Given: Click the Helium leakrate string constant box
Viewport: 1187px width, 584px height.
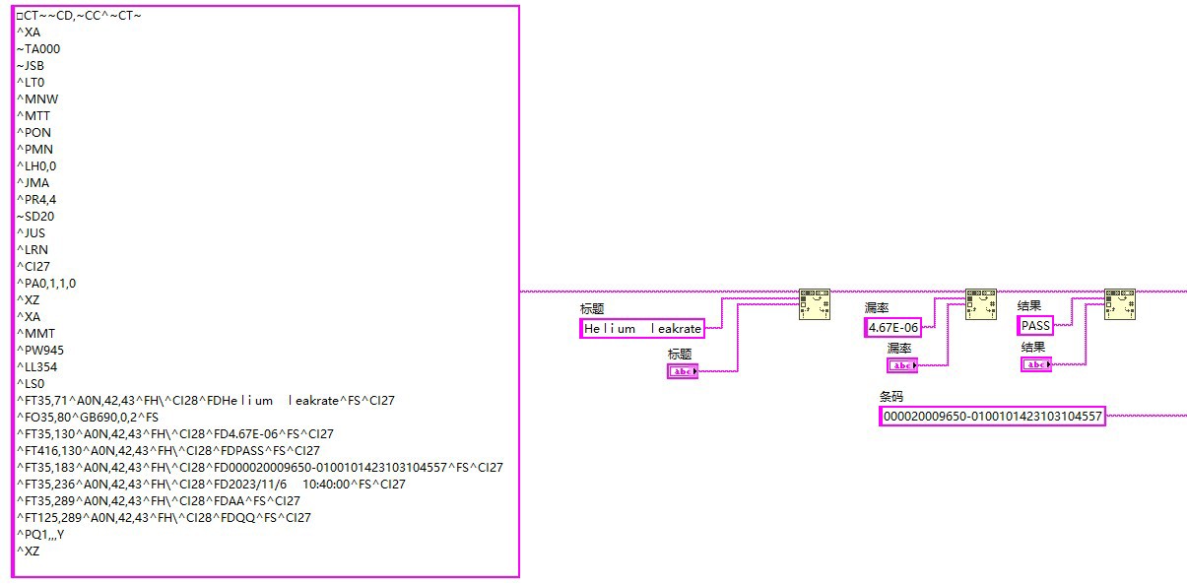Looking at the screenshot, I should tap(642, 329).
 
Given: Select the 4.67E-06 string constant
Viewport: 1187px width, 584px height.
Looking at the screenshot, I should tap(893, 328).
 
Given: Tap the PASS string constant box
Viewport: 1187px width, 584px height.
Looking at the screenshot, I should tap(1035, 326).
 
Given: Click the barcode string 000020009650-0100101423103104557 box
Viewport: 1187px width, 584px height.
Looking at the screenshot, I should tap(992, 417).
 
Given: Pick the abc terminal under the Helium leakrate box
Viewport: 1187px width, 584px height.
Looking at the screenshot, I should tap(682, 371).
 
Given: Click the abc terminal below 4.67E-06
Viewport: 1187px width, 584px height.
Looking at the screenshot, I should tap(901, 365).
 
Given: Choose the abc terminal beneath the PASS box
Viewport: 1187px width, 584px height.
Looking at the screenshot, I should tap(1035, 364).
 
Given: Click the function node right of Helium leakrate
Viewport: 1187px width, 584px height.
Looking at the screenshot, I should tap(814, 304).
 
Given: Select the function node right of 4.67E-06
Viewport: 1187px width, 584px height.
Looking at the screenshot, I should tap(980, 304).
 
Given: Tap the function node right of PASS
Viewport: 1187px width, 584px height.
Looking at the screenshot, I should tap(1119, 304).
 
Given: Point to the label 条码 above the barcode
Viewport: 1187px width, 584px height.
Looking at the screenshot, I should tap(891, 396).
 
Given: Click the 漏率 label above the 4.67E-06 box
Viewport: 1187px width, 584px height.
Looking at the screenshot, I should tap(877, 308).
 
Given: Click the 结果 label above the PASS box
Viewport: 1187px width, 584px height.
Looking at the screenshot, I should tap(1029, 306).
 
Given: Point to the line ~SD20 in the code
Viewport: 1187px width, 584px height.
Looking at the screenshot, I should tap(35, 216).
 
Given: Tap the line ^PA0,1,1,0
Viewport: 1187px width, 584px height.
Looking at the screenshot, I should tap(46, 283).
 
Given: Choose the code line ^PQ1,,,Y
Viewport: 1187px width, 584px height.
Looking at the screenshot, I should tap(40, 534).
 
